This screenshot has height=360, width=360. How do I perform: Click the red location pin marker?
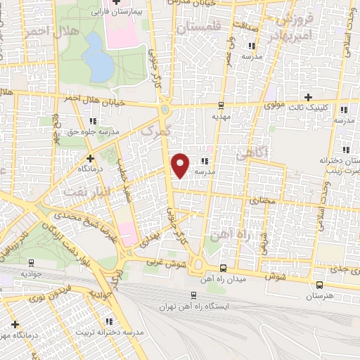(181, 164)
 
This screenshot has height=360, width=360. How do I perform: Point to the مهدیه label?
(221, 119)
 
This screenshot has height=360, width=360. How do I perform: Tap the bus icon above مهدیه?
(221, 107)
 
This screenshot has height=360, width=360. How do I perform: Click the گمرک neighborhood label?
(155, 131)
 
